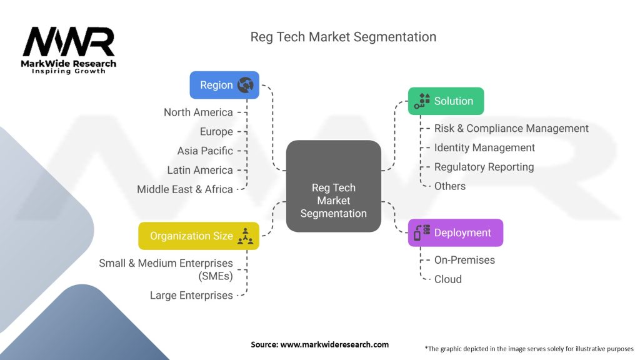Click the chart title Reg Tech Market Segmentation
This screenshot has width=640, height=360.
pyautogui.click(x=343, y=37)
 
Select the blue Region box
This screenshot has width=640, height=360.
pyautogui.click(x=224, y=85)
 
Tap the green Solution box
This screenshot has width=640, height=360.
pyautogui.click(x=446, y=101)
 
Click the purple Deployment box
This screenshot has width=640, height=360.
pyautogui.click(x=455, y=232)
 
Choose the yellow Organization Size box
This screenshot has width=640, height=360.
pyautogui.click(x=198, y=236)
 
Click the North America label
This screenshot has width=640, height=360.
pyautogui.click(x=198, y=112)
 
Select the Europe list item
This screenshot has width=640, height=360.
pyautogui.click(x=216, y=132)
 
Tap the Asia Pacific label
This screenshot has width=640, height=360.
pyautogui.click(x=205, y=151)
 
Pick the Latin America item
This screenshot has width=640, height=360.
pyautogui.click(x=200, y=170)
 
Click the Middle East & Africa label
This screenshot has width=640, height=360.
pyautogui.click(x=185, y=189)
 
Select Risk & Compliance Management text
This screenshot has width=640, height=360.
pyautogui.click(x=511, y=128)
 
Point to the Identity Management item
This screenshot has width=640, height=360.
pyautogui.click(x=484, y=147)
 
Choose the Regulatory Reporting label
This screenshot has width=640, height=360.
pyautogui.click(x=484, y=167)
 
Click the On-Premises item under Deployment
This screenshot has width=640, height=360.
pyautogui.click(x=464, y=260)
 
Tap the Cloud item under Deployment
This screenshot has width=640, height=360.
pyautogui.click(x=448, y=279)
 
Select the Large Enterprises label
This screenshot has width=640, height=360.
pyautogui.click(x=191, y=295)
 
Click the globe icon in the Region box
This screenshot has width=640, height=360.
pyautogui.click(x=245, y=85)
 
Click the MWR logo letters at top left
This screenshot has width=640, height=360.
pyautogui.click(x=68, y=42)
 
